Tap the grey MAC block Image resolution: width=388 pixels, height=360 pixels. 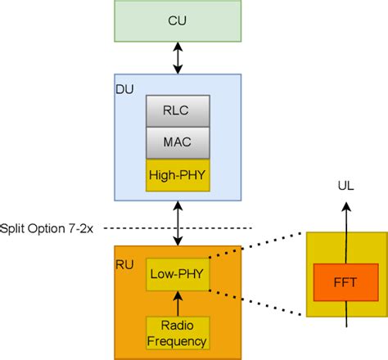coord(177,142)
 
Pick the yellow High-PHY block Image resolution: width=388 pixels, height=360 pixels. coord(177,174)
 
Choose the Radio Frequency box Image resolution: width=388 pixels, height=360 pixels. coord(177,333)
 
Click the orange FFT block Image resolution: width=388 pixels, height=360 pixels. coord(345,282)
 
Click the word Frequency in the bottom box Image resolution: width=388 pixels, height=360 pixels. coord(177,340)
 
